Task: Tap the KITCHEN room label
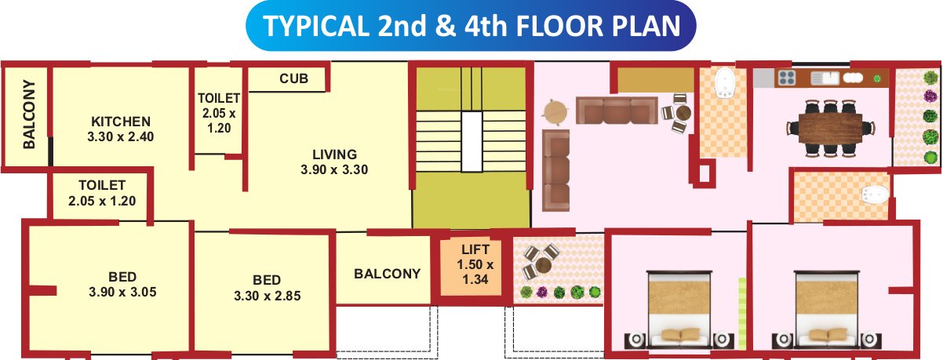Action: [121, 122]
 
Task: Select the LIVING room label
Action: [334, 154]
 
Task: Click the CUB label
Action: [293, 79]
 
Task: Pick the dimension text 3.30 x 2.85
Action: [268, 296]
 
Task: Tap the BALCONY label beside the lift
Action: [387, 274]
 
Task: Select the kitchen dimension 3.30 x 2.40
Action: [121, 136]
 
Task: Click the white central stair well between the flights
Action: [471, 141]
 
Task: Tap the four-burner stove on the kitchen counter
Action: [787, 78]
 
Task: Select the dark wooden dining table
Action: [831, 126]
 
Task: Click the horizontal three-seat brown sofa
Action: [616, 111]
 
